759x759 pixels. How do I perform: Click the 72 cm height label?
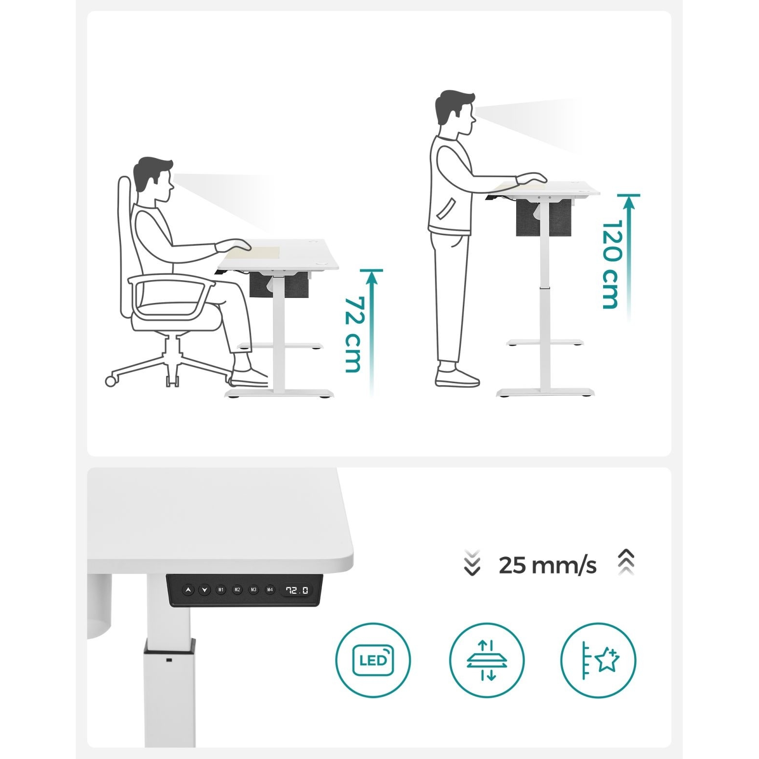353,335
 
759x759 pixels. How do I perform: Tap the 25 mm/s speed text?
547,565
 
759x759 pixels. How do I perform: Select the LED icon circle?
373,660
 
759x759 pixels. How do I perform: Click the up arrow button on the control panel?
188,590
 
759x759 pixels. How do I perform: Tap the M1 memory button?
221,590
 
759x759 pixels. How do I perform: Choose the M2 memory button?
237,590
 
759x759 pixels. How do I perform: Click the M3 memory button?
253,590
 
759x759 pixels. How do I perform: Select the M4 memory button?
270,590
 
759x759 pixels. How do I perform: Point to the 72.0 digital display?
297,590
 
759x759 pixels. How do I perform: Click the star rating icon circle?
598,660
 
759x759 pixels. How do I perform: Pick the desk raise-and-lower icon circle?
487,660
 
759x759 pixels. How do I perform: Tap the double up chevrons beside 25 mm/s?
626,562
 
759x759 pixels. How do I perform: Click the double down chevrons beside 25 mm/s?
472,563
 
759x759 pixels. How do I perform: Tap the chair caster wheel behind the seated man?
111,381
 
